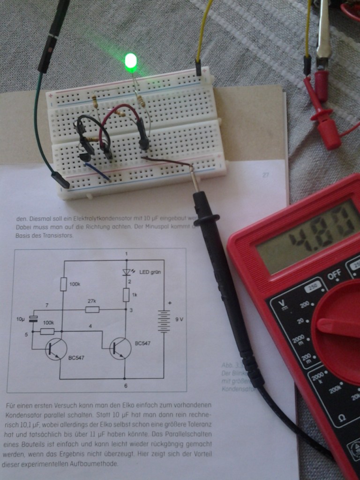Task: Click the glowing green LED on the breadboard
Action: (x=131, y=61)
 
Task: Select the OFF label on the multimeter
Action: (x=334, y=276)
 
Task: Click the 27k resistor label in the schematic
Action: (x=92, y=301)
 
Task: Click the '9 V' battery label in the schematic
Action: (x=180, y=319)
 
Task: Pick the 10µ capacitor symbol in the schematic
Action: (x=33, y=319)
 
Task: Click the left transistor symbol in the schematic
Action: (x=56, y=350)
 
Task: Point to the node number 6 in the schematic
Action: (x=125, y=385)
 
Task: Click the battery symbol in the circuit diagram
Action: (x=164, y=321)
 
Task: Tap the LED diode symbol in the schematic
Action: (x=126, y=272)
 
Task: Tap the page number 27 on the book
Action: (x=266, y=175)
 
